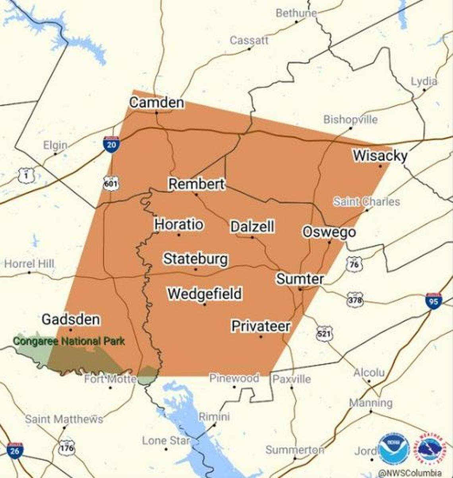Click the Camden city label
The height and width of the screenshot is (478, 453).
pyautogui.click(x=157, y=103)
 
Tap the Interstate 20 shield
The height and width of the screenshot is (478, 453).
pyautogui.click(x=111, y=144)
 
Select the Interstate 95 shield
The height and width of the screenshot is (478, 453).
pyautogui.click(x=433, y=301)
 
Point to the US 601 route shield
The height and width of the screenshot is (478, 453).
pyautogui.click(x=111, y=183)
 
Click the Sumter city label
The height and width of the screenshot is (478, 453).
pyautogui.click(x=300, y=279)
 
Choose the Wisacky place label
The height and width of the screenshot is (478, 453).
pyautogui.click(x=380, y=156)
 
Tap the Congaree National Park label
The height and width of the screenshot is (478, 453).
pyautogui.click(x=69, y=341)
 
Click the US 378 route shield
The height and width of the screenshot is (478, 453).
pyautogui.click(x=354, y=299)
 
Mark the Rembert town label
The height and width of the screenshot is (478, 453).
pyautogui.click(x=196, y=184)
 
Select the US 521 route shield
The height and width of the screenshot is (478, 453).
pyautogui.click(x=325, y=334)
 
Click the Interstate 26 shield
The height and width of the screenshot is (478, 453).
pyautogui.click(x=15, y=451)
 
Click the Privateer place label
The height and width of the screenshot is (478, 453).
pyautogui.click(x=261, y=326)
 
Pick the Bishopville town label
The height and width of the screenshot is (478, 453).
pyautogui.click(x=350, y=119)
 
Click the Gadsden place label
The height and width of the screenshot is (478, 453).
pyautogui.click(x=71, y=319)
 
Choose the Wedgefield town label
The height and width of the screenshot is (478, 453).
pyautogui.click(x=204, y=294)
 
